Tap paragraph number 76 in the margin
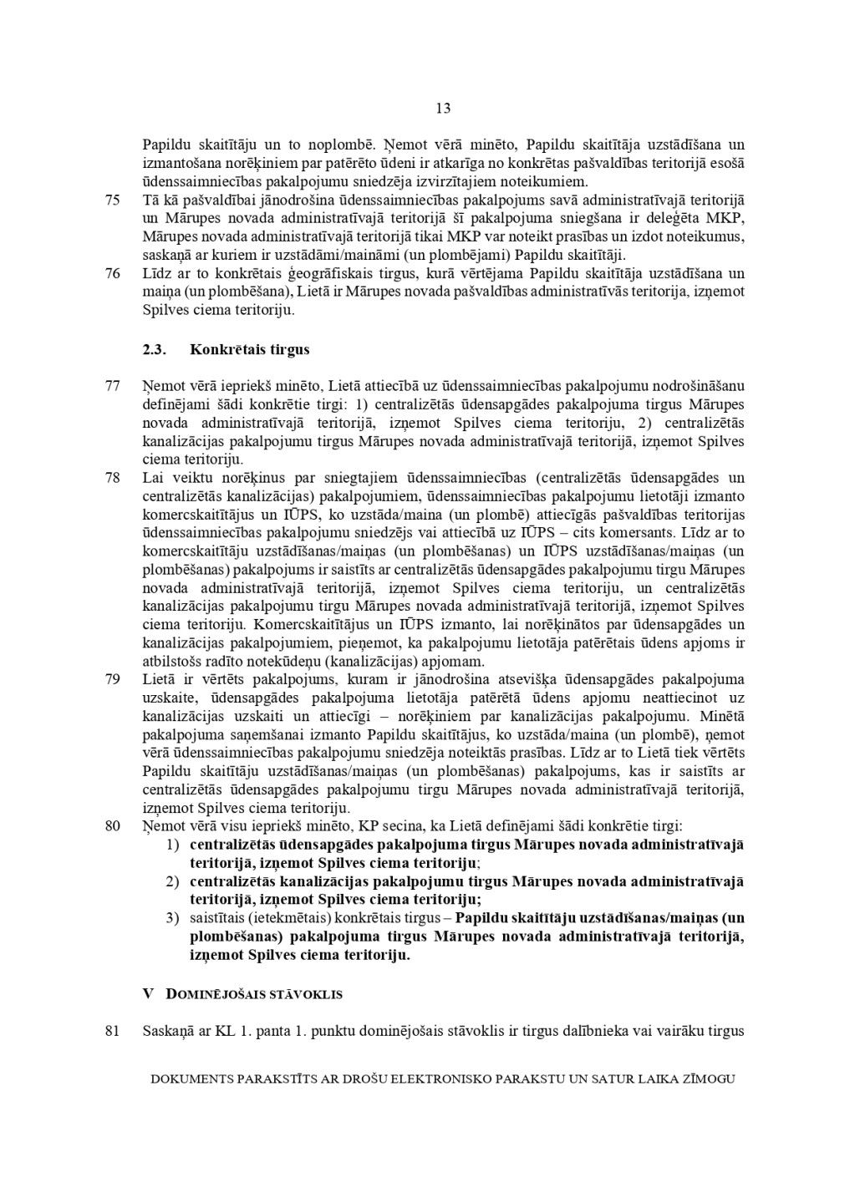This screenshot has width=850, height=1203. tap(113, 273)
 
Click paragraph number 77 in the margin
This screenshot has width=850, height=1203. tap(113, 386)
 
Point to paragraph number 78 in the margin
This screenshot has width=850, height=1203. tap(113, 478)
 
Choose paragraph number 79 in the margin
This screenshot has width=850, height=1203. tap(113, 679)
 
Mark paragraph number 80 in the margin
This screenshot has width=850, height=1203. tap(113, 825)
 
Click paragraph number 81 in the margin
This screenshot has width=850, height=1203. tap(113, 1030)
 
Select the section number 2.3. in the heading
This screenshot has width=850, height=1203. tap(155, 349)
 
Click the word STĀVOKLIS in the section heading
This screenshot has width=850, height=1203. tap(304, 994)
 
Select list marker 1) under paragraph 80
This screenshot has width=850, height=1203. tap(171, 844)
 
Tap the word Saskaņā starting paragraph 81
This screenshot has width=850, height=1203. tap(168, 1030)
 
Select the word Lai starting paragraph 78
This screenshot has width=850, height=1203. tap(153, 478)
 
